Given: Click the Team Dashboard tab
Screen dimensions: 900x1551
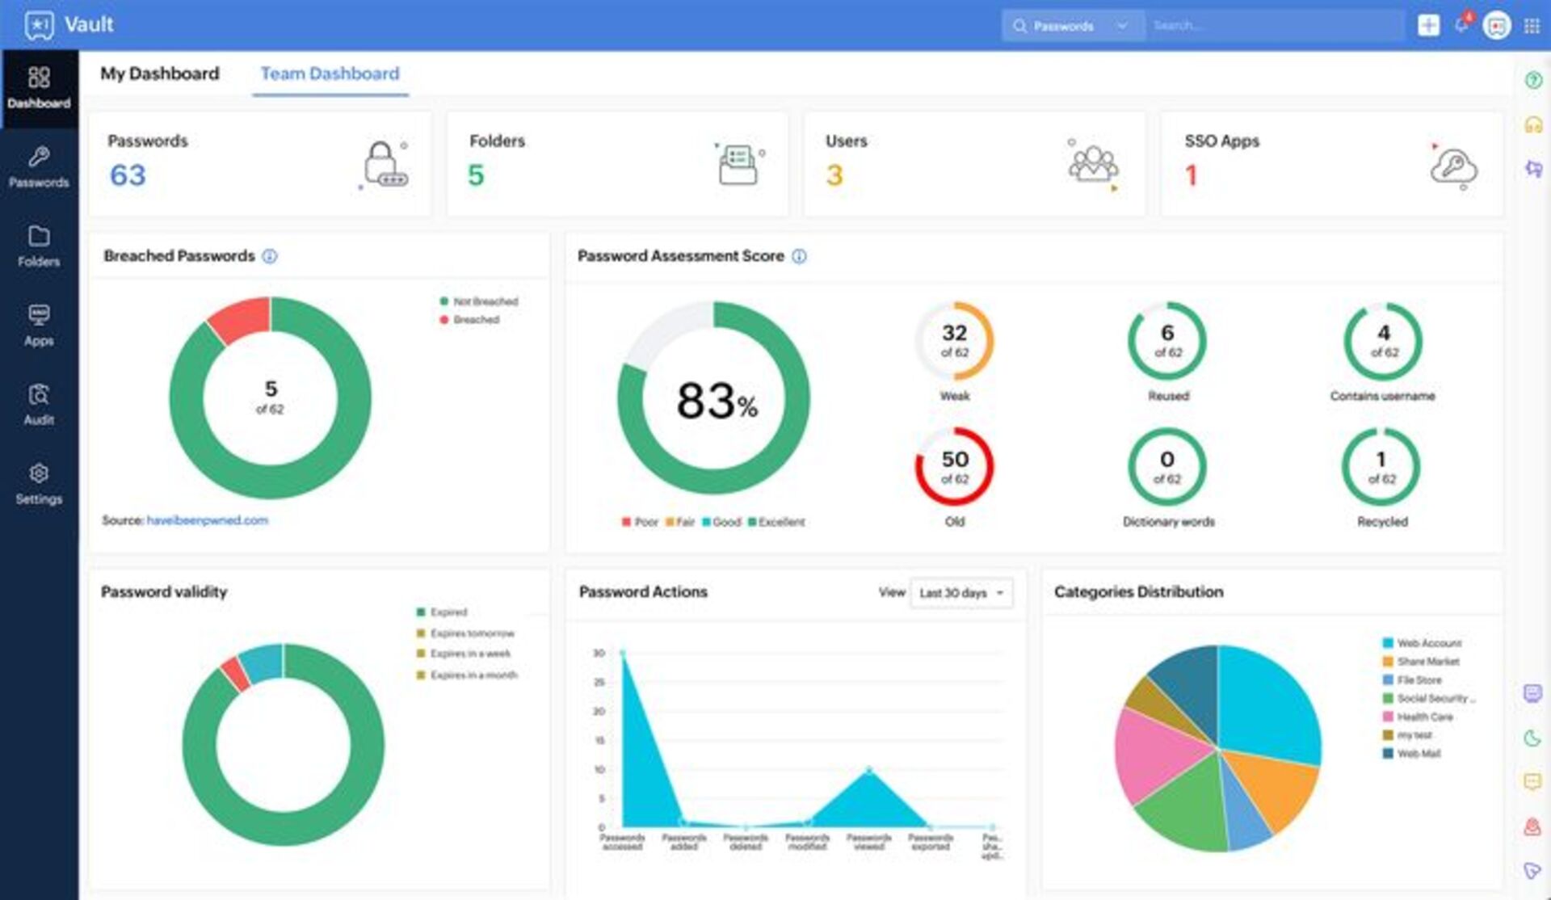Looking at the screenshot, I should coord(330,74).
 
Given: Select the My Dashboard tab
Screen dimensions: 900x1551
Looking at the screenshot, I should coord(159,74).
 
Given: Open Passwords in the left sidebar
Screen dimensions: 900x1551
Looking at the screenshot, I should coord(39,167).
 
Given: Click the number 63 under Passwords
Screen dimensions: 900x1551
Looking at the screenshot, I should coord(128,175).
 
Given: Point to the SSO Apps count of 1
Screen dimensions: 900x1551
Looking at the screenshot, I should coord(1191,175).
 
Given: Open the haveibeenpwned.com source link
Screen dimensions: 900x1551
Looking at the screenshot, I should coord(208,520).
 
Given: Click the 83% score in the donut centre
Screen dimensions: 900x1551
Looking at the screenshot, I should coord(716,401).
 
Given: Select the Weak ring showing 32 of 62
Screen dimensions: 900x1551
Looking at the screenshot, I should coord(954,341).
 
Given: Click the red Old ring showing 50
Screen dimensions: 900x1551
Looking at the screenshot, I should coord(954,467).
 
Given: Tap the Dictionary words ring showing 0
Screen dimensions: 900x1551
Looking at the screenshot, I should coord(1167,467).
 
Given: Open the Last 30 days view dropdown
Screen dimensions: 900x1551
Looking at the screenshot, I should coord(961,593).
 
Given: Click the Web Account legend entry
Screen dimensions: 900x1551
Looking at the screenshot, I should coord(1428,643).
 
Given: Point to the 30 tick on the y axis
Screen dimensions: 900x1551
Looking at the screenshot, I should coord(599,653).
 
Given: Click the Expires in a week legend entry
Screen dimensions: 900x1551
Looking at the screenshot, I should coord(470,654).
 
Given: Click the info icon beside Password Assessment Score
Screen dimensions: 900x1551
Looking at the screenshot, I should coord(799,256).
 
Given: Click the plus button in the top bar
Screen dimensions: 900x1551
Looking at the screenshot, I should coord(1428,26).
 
